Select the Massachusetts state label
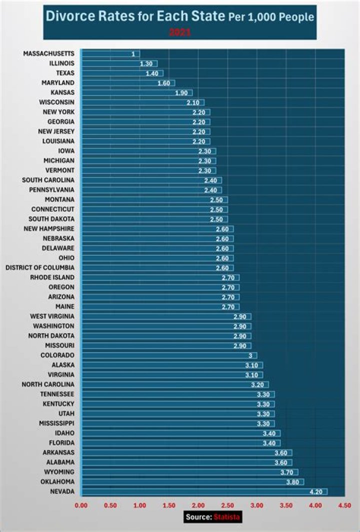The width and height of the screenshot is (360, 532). tap(48, 53)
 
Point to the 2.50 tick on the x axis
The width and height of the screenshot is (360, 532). tap(227, 506)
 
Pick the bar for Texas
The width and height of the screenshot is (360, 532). tap(122, 73)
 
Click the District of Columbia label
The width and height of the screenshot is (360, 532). tap(40, 268)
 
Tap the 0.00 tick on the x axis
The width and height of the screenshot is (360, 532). tap(81, 506)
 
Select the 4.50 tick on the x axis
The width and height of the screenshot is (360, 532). tap(344, 506)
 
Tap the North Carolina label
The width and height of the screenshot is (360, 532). tap(48, 385)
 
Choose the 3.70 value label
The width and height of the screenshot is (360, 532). tap(287, 472)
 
